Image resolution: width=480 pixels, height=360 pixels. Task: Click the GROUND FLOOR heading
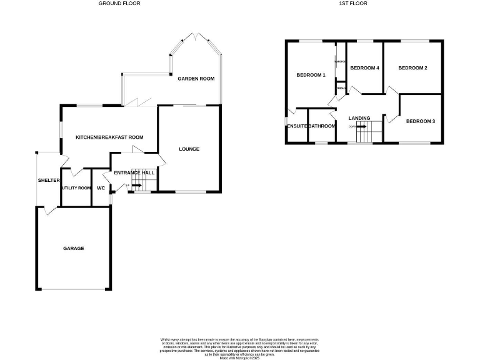tap(119, 3)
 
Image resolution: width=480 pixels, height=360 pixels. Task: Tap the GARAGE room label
tap(73, 248)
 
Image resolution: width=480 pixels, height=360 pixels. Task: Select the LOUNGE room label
tap(189, 149)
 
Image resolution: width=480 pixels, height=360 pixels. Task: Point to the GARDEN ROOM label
tap(196, 79)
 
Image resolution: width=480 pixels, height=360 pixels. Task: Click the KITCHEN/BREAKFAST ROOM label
tap(109, 137)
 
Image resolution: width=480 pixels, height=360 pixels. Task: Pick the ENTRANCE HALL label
tap(134, 172)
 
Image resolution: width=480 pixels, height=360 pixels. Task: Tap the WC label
tap(101, 187)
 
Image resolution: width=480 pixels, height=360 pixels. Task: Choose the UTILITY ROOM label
tap(76, 187)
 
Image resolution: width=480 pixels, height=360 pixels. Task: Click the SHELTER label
tap(49, 180)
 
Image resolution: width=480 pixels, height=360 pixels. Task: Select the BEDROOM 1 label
tap(311, 75)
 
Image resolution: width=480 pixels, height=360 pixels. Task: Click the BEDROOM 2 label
tap(412, 67)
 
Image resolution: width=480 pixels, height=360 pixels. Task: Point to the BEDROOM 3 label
tap(421, 121)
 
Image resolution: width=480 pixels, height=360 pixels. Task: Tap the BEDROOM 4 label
tap(364, 67)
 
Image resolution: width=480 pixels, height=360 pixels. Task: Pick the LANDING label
tap(359, 117)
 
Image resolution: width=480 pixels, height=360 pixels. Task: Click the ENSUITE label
tap(297, 126)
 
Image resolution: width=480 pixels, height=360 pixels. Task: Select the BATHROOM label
tap(322, 126)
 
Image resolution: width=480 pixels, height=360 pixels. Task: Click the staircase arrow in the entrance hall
tap(136, 185)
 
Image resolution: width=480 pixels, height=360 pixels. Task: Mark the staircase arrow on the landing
tap(361, 126)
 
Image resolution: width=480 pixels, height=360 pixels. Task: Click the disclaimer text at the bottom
tap(239, 346)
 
